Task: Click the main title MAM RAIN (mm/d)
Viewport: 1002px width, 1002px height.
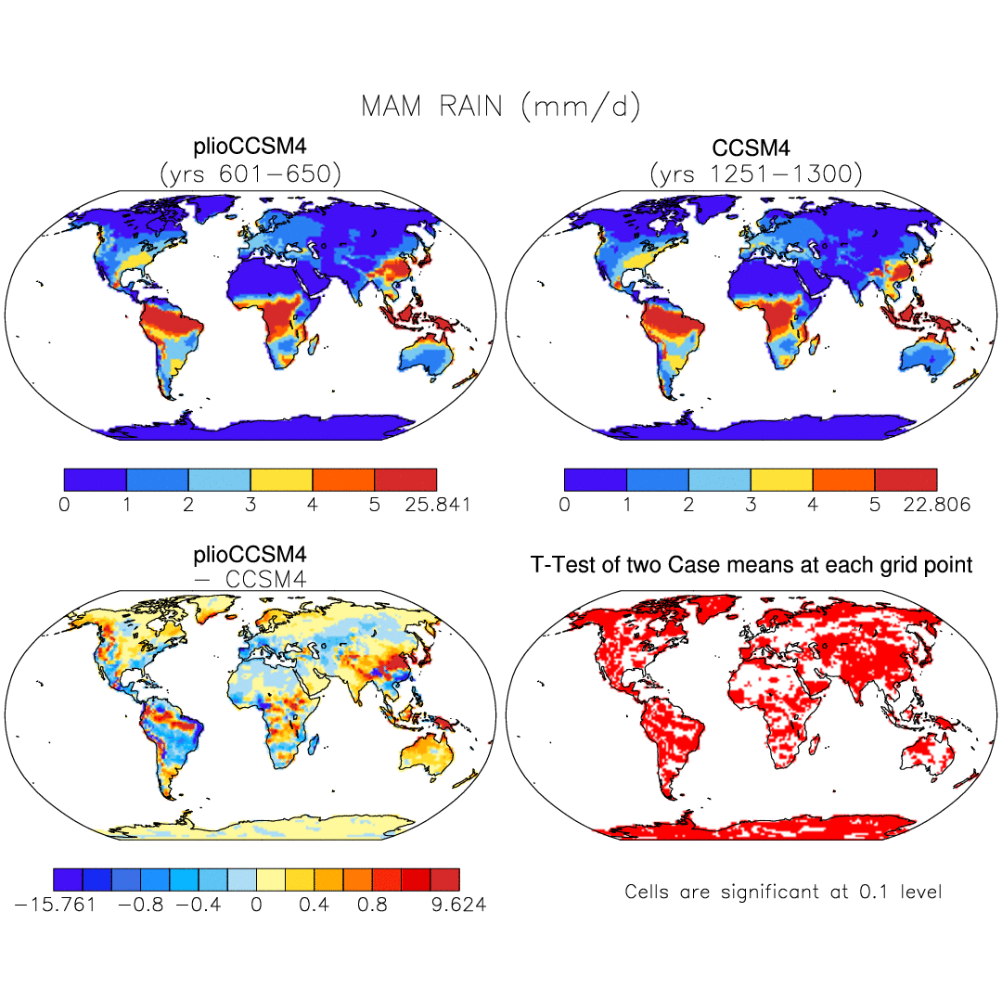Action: (500, 107)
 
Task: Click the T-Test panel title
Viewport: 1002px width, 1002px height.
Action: (751, 564)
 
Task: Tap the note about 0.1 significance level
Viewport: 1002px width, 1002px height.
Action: (783, 892)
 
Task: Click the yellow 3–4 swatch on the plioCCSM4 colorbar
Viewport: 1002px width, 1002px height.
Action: (281, 480)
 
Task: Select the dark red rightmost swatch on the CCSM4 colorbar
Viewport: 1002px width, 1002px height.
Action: (906, 480)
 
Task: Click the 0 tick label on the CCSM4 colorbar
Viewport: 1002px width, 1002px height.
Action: (564, 505)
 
